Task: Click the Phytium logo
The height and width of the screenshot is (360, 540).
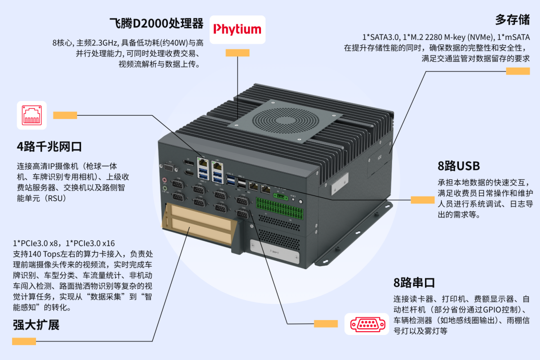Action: tap(237, 29)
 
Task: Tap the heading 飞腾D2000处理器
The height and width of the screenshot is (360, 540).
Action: tap(156, 23)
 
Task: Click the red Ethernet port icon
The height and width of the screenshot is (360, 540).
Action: tap(32, 115)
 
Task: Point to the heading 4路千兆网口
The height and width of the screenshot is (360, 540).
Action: tap(49, 146)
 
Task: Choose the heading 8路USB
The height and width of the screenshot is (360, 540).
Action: tap(458, 166)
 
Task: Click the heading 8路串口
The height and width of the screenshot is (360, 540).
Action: tap(414, 282)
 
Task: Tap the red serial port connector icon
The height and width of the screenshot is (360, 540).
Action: tap(367, 324)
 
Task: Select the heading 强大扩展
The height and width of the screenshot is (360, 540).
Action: tap(36, 325)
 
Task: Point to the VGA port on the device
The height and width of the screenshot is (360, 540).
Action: tap(168, 169)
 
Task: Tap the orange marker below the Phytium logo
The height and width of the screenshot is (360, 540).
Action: tap(237, 52)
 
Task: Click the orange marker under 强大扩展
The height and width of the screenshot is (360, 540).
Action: tap(24, 341)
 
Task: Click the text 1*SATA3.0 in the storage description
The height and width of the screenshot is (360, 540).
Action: tap(380, 37)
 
